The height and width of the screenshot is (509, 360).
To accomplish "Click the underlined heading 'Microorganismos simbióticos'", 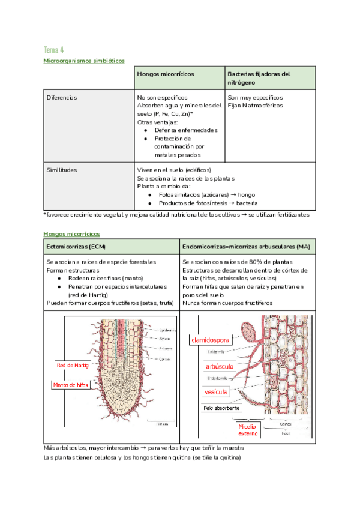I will click(x=84, y=61).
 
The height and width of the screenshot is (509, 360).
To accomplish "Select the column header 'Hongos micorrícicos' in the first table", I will click(x=166, y=74).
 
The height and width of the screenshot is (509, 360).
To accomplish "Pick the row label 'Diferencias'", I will click(x=61, y=97).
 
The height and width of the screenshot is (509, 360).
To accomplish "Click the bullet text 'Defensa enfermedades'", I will click(x=185, y=130).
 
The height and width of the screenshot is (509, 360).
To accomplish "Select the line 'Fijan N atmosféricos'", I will click(x=254, y=106).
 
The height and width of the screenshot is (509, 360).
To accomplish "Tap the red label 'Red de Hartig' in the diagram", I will click(x=72, y=365).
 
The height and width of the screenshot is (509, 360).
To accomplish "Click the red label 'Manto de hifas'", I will click(x=71, y=385).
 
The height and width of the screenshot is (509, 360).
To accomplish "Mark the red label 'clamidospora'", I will click(x=211, y=340).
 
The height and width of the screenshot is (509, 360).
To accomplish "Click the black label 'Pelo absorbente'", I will click(x=220, y=408).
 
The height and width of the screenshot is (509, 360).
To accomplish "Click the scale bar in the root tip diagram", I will click(x=158, y=421).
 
